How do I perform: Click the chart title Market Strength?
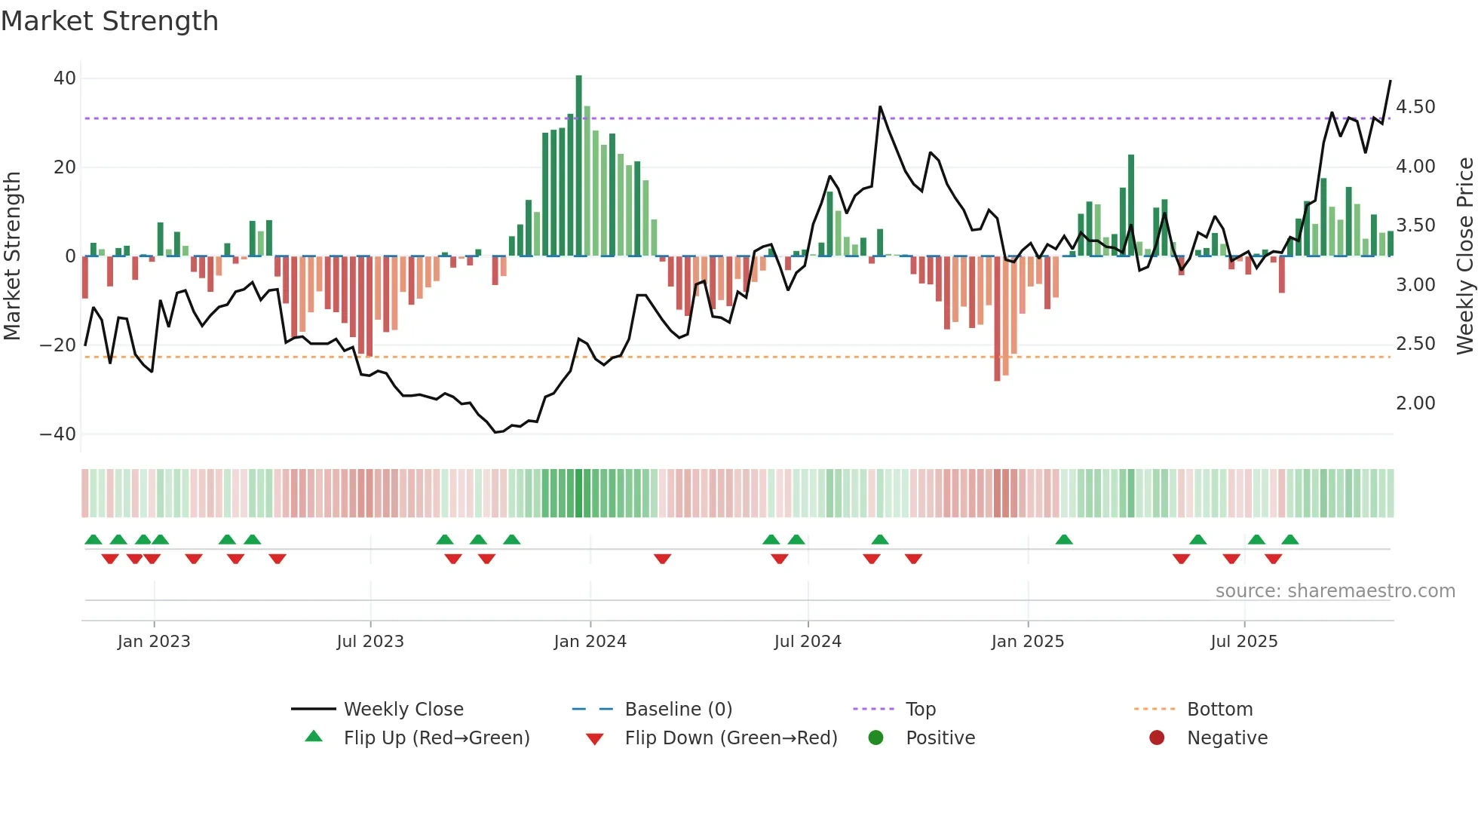(x=109, y=21)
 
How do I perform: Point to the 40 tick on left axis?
(x=65, y=78)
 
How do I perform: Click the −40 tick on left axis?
(x=58, y=434)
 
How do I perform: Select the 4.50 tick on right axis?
(x=1415, y=107)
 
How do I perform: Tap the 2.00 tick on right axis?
(x=1415, y=403)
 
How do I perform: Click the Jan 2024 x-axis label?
(x=590, y=642)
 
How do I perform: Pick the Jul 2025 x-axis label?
(x=1243, y=642)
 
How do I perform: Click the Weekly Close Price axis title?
(x=1464, y=256)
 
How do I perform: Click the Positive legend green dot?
(x=875, y=738)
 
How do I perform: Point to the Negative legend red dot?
(x=1157, y=738)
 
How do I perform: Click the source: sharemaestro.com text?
(x=1335, y=591)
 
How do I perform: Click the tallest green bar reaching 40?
(x=578, y=166)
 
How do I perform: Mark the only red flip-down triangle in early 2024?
(x=662, y=559)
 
